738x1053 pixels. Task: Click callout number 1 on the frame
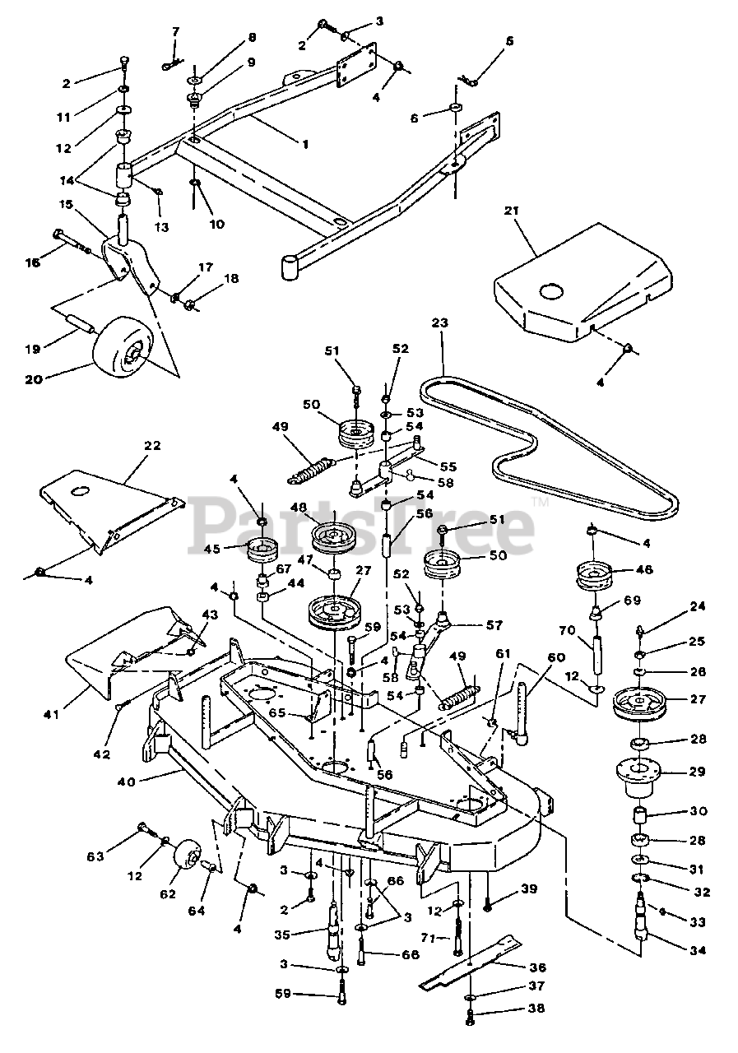305,143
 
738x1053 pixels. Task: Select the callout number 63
96,856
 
